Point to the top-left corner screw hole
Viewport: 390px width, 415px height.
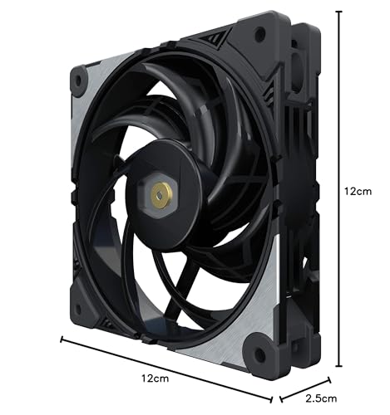[79, 78]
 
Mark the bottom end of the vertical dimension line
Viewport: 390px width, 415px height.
[338, 365]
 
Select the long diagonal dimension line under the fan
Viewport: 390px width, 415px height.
[166, 364]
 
